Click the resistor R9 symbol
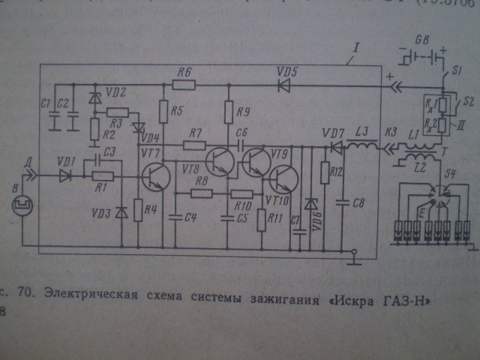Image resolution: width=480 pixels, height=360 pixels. click(x=229, y=112)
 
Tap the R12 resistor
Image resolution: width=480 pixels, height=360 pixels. click(x=325, y=174)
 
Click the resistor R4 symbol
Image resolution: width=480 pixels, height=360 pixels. click(x=138, y=210)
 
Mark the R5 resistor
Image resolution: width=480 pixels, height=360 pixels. click(x=163, y=112)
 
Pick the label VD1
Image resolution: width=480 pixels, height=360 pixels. click(x=66, y=160)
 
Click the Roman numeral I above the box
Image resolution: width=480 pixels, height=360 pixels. click(x=356, y=49)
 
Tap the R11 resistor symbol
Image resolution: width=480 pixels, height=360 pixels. click(x=259, y=220)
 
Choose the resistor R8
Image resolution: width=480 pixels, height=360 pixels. click(x=201, y=193)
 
